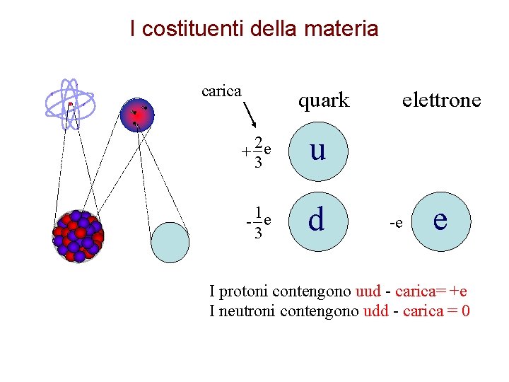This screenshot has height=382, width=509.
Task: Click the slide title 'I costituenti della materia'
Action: tap(254, 29)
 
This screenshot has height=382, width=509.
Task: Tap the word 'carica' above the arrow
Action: tap(221, 91)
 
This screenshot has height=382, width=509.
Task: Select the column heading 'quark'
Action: tap(324, 100)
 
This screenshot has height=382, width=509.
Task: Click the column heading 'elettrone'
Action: tap(441, 100)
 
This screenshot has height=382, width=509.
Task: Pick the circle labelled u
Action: tap(317, 150)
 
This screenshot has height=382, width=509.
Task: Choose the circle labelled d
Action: tap(317, 221)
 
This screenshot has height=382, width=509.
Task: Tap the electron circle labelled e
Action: tap(440, 220)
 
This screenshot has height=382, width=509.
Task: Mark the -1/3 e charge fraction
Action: tap(258, 221)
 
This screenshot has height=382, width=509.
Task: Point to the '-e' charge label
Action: tap(397, 223)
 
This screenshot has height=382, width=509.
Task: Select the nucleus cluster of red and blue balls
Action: tap(78, 236)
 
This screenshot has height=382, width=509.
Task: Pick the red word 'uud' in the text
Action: tap(368, 291)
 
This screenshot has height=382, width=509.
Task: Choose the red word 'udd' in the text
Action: tap(375, 311)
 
